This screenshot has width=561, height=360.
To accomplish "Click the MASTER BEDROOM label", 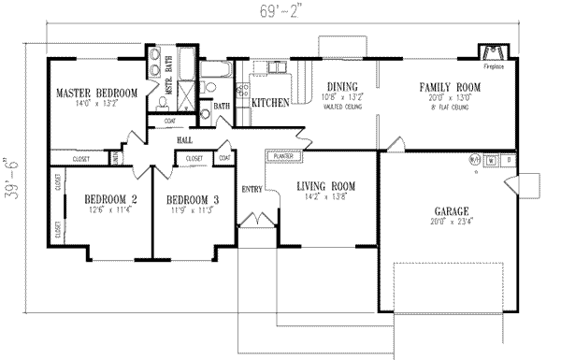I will point(97,93).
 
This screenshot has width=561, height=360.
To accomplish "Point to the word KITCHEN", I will point(269,100).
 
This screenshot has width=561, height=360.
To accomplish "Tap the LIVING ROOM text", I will point(324,186).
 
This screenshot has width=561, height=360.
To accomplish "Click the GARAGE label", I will point(451,211).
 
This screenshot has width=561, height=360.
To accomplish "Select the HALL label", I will point(183,139).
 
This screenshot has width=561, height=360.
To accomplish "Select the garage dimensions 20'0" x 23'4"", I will point(451,223).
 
